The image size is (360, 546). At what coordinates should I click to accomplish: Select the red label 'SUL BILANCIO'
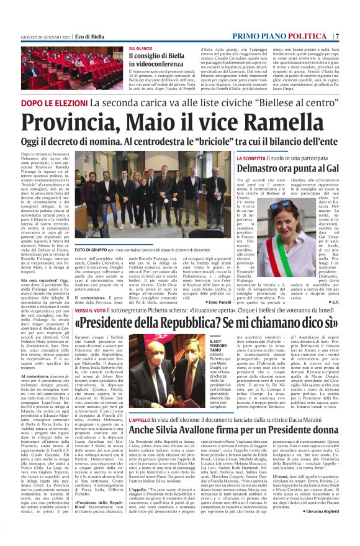140,48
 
